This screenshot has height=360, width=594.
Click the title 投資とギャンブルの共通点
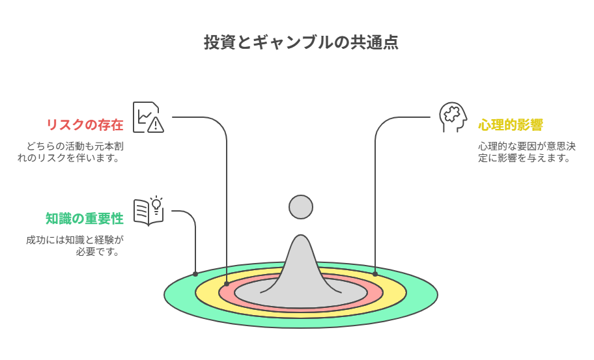[301, 42]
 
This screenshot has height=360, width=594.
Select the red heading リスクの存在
[85, 124]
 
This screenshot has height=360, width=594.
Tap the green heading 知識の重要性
[85, 219]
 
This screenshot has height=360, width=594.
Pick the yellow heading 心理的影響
[510, 124]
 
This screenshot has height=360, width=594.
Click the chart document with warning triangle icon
[148, 117]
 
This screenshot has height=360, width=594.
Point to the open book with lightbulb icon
[148, 211]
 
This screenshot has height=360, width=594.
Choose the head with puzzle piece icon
[453, 117]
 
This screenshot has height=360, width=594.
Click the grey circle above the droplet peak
[301, 207]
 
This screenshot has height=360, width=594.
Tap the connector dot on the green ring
[195, 273]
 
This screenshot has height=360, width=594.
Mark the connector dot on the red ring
[227, 284]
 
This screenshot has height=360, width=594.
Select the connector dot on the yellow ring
[375, 273]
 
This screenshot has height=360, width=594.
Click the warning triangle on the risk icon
[156, 124]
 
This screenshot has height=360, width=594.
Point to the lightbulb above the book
[156, 204]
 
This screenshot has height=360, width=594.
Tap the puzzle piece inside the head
[452, 113]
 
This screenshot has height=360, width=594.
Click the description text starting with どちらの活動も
[70, 152]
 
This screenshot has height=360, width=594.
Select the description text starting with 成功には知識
[75, 245]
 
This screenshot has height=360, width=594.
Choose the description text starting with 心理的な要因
[526, 152]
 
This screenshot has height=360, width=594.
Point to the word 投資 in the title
[220, 42]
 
